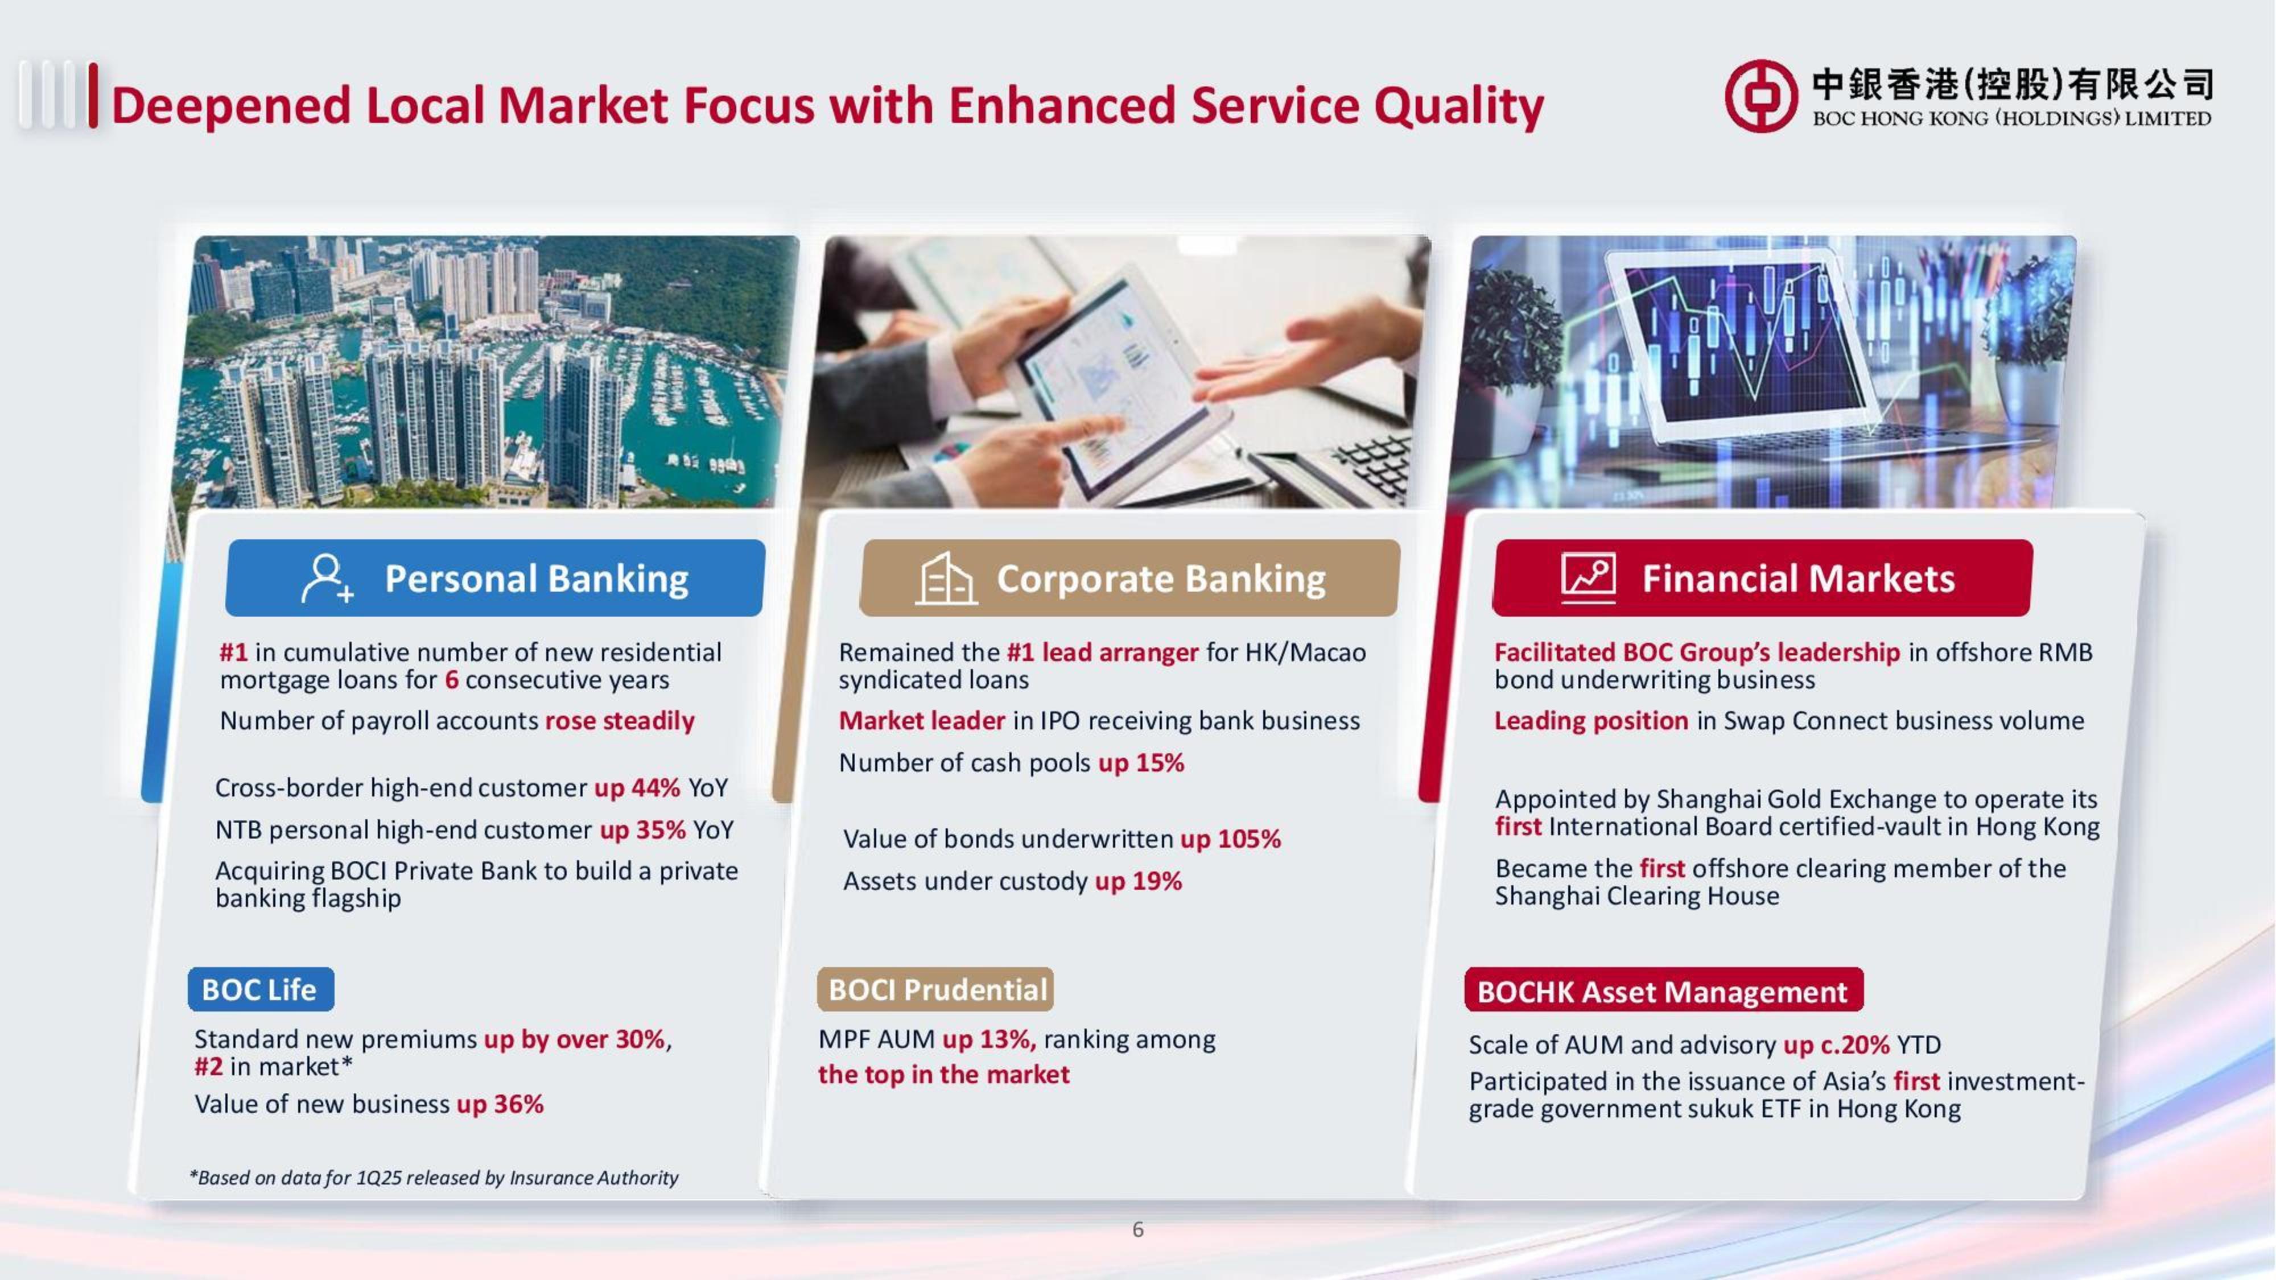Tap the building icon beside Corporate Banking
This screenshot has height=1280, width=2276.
pos(945,579)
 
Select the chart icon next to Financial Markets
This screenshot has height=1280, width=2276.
pos(1588,578)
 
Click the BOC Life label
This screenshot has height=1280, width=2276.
pos(261,989)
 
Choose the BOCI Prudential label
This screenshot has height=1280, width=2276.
pos(935,989)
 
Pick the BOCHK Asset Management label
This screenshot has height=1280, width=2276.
pos(1664,990)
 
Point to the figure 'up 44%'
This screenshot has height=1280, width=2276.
pos(637,787)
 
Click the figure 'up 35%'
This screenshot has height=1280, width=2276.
pos(642,829)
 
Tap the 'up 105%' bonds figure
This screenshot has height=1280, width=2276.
pos(1231,839)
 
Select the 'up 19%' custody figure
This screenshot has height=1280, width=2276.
pos(1138,881)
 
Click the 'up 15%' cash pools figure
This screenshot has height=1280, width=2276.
pos(1141,762)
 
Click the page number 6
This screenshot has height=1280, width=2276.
pos(1138,1229)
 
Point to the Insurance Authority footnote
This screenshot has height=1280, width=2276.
pos(434,1178)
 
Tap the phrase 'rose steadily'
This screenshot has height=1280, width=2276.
pos(620,721)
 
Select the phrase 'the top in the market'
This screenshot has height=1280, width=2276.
pos(943,1074)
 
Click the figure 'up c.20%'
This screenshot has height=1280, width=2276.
pos(1836,1044)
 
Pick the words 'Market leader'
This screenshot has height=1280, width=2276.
pos(922,721)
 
